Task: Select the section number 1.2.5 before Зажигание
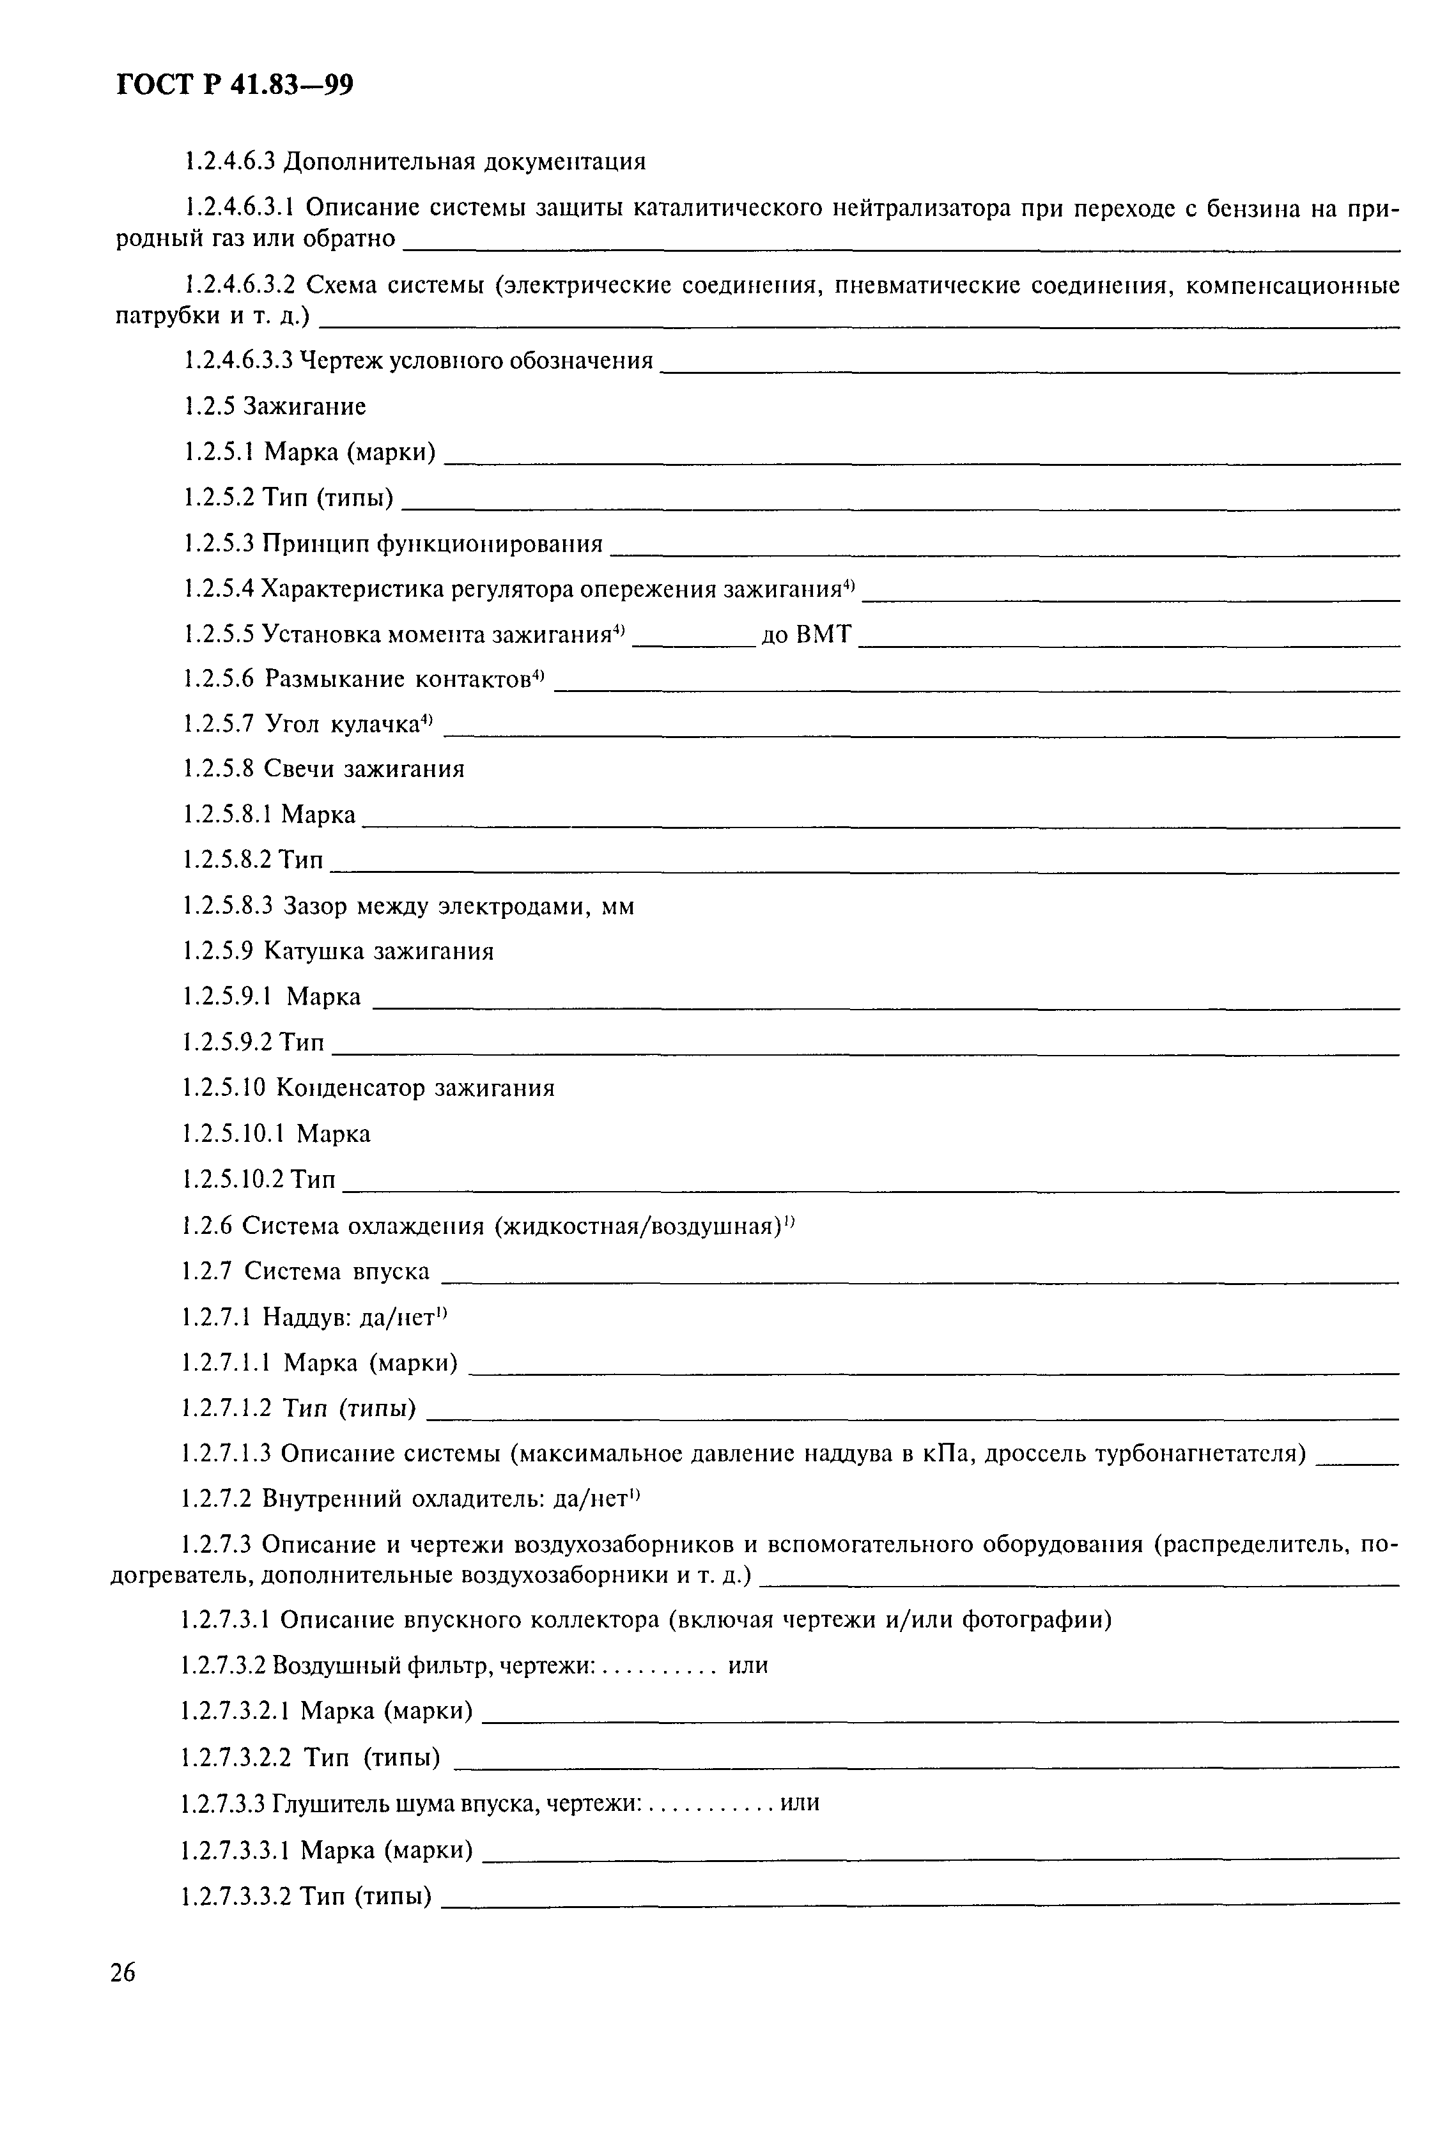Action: [x=211, y=406]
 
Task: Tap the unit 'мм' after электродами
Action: [x=617, y=907]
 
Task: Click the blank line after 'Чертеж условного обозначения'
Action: [x=1028, y=369]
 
